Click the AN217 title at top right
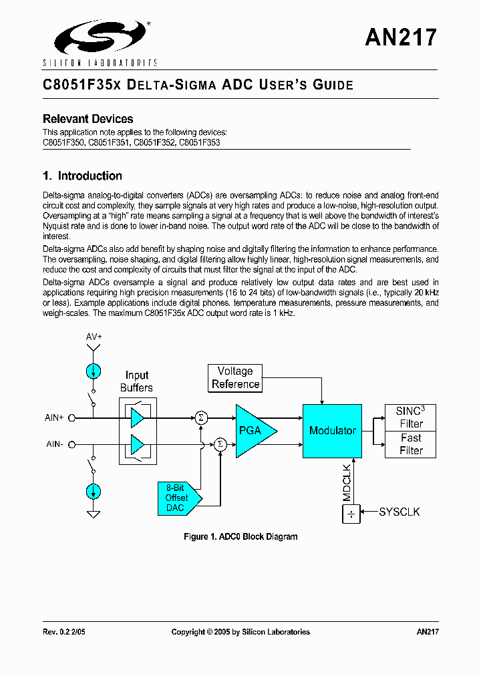[401, 37]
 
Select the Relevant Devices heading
[88, 119]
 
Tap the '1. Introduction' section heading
[82, 176]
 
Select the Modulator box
[332, 431]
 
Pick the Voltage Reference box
[235, 377]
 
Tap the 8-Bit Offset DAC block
[177, 498]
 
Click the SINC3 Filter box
[411, 417]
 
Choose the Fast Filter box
[411, 444]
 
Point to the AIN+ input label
[54, 417]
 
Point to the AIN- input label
[54, 444]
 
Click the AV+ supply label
[94, 337]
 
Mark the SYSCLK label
[399, 512]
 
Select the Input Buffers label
[136, 381]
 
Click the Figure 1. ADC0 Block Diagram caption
[240, 536]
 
